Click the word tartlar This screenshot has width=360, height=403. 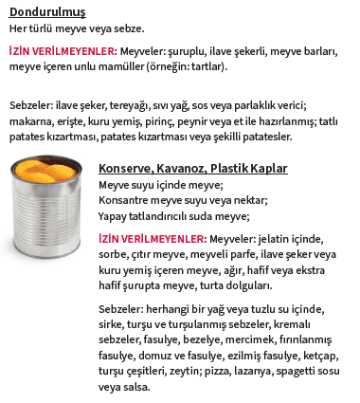point(207,67)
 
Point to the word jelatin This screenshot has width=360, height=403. point(285,239)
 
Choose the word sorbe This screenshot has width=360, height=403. point(116,254)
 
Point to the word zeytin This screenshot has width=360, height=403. point(171,371)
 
